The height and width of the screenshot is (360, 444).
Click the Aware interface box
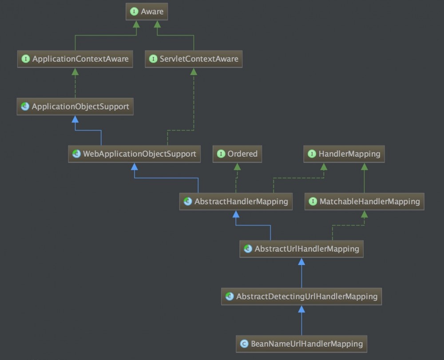point(147,12)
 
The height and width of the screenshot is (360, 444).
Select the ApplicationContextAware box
point(75,59)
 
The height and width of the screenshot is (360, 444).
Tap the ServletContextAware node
point(194,59)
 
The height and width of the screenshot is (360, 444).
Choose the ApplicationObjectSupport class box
point(75,107)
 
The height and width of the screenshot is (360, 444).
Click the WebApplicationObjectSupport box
point(134,154)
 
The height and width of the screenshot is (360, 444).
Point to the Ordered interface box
point(237,154)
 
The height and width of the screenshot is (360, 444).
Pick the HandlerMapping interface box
point(344,154)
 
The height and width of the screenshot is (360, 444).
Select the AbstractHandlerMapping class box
point(236,202)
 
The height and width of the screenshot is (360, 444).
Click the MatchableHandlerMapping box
point(364,202)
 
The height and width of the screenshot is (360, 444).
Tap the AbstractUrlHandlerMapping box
point(301,249)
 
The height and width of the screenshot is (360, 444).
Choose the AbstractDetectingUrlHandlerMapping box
point(301,296)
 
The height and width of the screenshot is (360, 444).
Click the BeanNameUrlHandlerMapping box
point(301,344)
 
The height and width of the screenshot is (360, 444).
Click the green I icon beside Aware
point(134,12)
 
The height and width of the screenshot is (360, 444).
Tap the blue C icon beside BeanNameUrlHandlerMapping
point(244,344)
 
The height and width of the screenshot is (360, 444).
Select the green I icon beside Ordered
point(221,154)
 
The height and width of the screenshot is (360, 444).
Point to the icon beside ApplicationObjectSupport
point(25,107)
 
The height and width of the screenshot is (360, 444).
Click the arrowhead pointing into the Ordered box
point(237,166)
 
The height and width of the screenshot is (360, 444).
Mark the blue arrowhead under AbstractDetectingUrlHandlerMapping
point(301,309)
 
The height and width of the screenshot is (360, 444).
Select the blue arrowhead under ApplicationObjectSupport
point(75,119)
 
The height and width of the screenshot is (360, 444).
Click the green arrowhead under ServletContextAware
point(194,71)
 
